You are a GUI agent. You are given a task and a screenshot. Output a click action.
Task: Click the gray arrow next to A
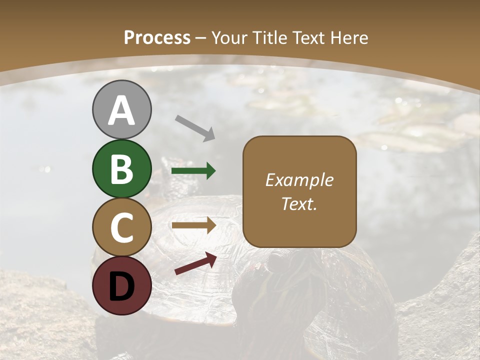(195, 128)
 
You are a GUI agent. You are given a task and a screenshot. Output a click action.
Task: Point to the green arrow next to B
(193, 171)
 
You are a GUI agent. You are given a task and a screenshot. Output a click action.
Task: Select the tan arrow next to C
(193, 225)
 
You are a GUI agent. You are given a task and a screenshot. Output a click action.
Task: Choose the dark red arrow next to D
(195, 263)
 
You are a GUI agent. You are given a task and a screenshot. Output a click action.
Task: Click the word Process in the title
(157, 37)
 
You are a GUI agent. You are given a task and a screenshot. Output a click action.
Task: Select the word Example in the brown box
(299, 180)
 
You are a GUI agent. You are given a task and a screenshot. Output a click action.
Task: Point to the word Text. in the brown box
(299, 203)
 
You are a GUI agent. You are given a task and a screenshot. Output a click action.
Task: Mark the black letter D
(122, 286)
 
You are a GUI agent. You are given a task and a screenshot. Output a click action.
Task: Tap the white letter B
(122, 169)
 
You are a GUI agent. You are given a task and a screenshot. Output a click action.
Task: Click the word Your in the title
(230, 37)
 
